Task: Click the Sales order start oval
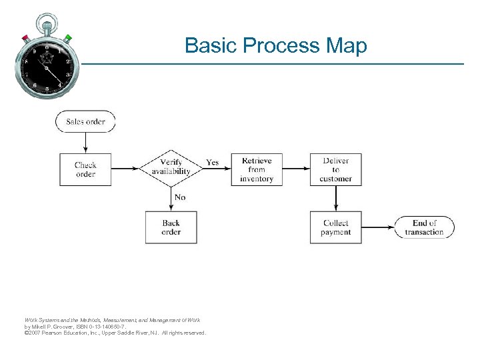85,122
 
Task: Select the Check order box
85,169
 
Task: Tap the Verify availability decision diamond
171,167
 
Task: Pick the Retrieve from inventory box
257,169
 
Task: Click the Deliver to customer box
335,169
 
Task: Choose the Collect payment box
335,227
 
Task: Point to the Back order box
171,227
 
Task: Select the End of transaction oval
424,227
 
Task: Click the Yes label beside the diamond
212,162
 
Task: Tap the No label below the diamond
180,197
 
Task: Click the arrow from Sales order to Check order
85,143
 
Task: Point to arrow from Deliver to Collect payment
335,198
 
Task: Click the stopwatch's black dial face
47,66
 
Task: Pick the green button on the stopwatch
68,37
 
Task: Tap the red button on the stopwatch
25,37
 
